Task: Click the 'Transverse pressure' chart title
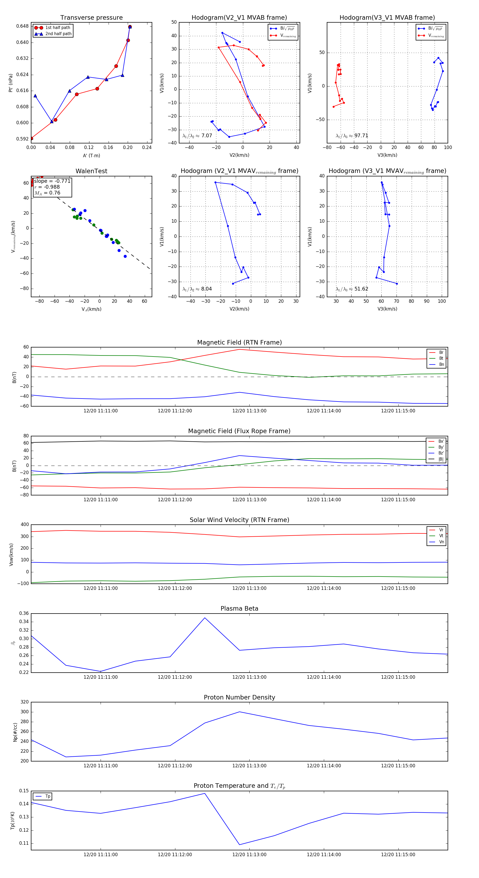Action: point(91,18)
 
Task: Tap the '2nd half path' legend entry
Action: point(58,34)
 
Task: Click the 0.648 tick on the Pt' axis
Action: point(23,26)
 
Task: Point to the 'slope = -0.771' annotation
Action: point(52,181)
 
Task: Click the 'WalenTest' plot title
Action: point(91,171)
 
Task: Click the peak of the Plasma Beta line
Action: point(205,618)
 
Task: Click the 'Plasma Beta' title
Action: point(239,608)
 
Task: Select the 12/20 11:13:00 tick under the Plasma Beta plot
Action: point(249,677)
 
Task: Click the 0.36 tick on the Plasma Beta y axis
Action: point(24,613)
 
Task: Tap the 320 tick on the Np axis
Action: point(24,702)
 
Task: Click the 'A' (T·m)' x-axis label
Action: point(91,155)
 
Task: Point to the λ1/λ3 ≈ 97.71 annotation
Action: point(352,136)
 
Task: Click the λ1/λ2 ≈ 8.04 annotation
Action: point(197,289)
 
